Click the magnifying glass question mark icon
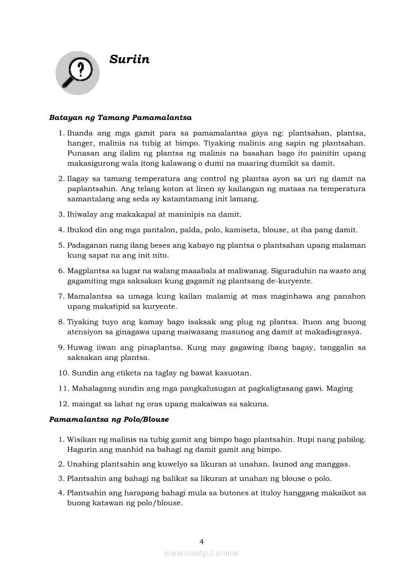77,73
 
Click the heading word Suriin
129,59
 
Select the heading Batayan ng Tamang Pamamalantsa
120,118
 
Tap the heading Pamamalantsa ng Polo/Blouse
109,419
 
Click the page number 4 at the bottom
201,541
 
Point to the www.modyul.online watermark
201,553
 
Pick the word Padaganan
88,245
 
